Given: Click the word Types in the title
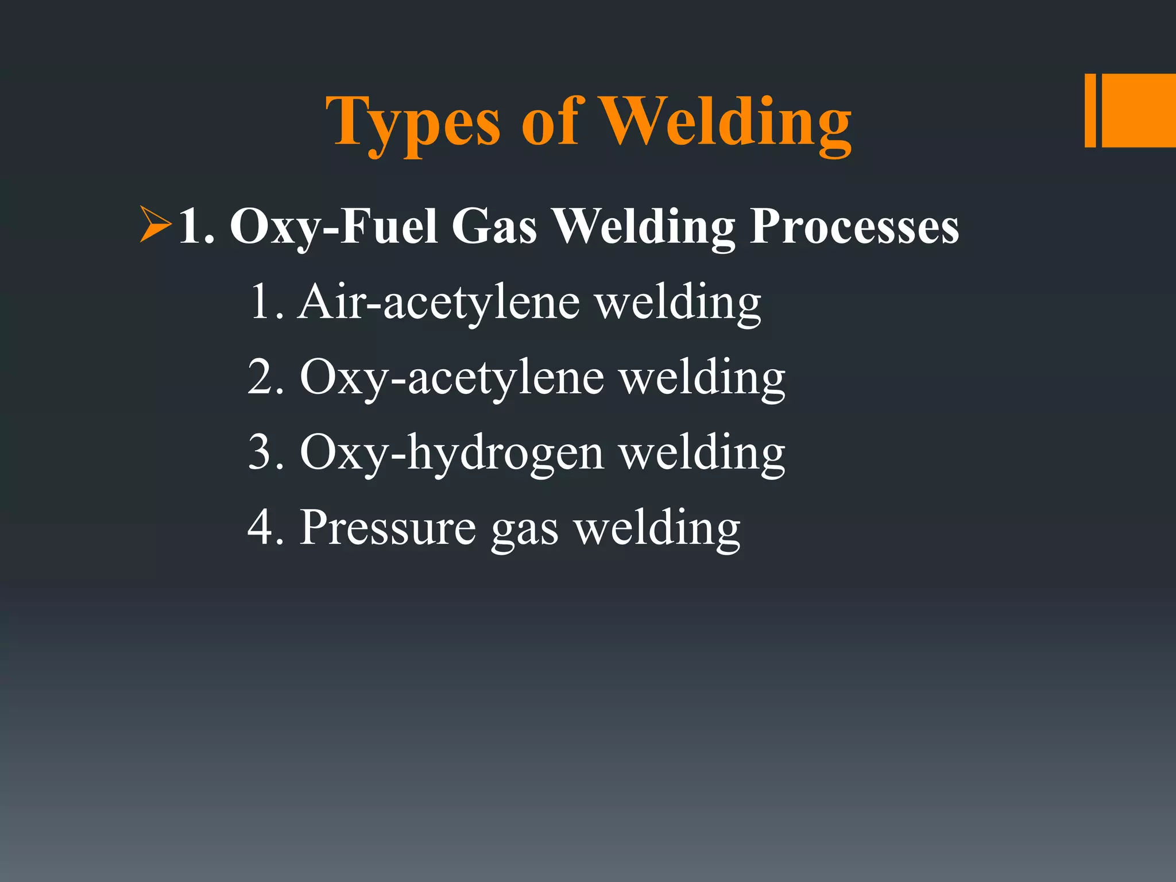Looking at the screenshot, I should click(413, 122).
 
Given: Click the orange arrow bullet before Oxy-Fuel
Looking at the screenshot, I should click(155, 225).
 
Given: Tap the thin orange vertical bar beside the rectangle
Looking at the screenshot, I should click(1090, 110).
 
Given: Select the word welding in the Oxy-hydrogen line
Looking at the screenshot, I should click(702, 453).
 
